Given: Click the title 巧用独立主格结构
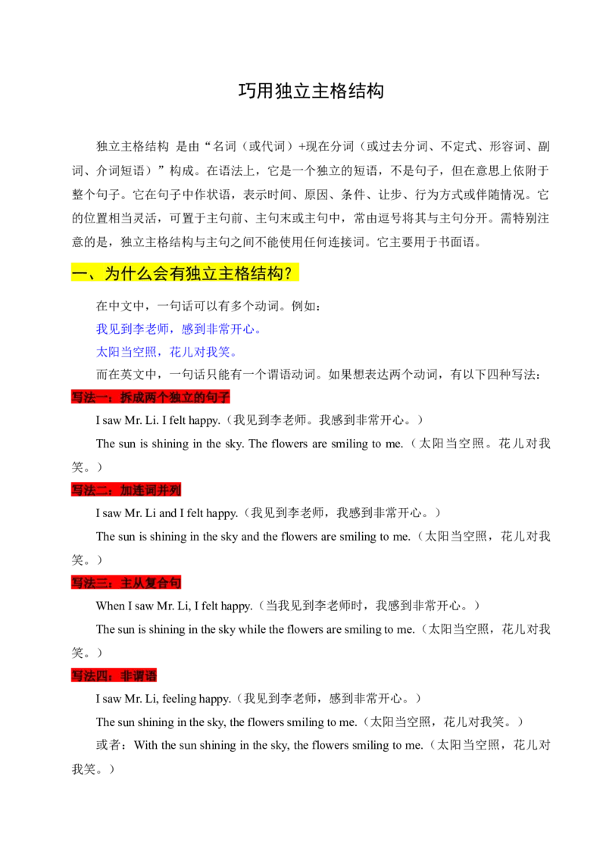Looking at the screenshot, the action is click(x=311, y=91).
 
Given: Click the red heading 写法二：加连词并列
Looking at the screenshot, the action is click(x=126, y=491).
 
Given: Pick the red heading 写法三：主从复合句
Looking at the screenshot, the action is click(x=126, y=583).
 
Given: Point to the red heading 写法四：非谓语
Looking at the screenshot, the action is click(x=114, y=676).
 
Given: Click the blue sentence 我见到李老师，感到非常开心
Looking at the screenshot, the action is click(x=178, y=329).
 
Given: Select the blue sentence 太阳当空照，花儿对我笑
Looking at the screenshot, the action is click(x=166, y=352).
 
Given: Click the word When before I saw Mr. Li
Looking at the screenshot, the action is click(x=111, y=606).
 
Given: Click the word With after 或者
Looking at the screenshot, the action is click(x=146, y=745).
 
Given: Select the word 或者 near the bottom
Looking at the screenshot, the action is click(x=108, y=745).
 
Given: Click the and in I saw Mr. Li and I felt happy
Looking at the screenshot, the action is click(x=168, y=513).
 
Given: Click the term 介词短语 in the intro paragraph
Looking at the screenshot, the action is click(x=120, y=170).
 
